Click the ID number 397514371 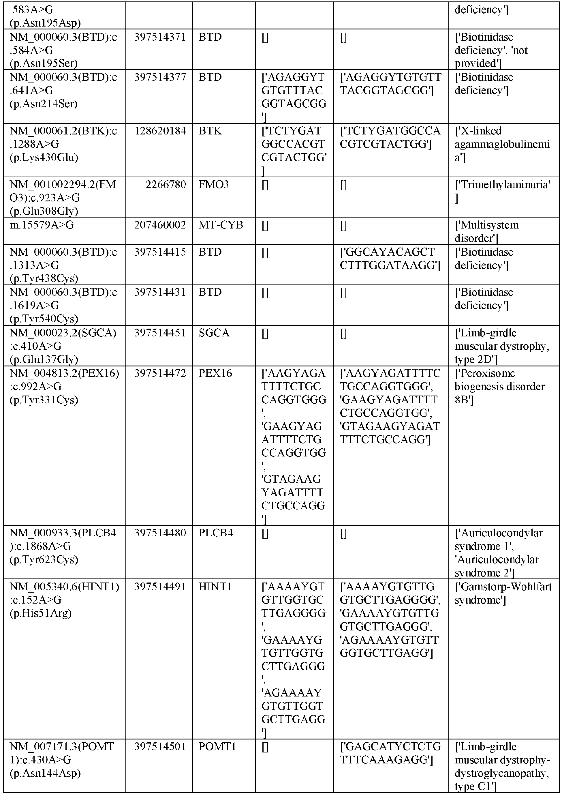coord(160,37)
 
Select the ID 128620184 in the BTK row coord(160,131)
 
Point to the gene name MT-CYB coord(220,225)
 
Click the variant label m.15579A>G coord(42,225)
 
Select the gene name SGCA coord(214,333)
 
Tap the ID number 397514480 coord(160,533)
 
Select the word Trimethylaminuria coord(504,185)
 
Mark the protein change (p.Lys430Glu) coord(44,158)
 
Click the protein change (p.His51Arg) coord(40,613)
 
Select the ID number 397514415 coord(160,252)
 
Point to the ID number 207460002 coord(160,225)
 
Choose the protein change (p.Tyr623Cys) coord(44,559)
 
